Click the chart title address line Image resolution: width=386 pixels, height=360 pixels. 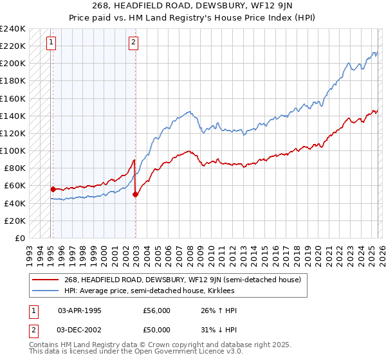193,6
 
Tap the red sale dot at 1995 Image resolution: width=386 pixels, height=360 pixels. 53,189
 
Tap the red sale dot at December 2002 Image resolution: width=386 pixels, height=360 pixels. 136,194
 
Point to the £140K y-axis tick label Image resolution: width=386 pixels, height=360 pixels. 13,116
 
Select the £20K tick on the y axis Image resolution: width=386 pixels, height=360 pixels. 15,221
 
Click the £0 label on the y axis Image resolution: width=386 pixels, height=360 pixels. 20,238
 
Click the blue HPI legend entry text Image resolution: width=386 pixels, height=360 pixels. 151,291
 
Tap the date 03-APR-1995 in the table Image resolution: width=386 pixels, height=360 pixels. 80,310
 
